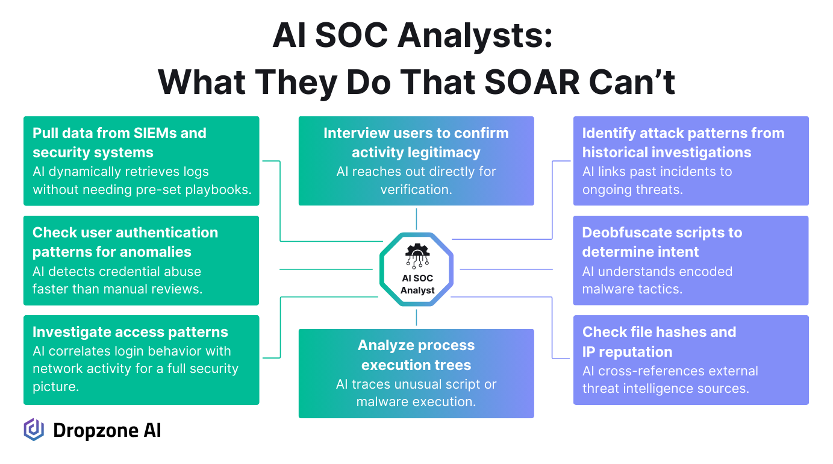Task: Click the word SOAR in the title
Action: coord(532,82)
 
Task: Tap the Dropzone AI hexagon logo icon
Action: coord(34,430)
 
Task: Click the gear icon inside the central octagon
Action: coord(417,256)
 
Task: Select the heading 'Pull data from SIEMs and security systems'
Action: coord(119,142)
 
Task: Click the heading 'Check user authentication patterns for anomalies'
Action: coord(125,242)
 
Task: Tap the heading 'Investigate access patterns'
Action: coord(130,332)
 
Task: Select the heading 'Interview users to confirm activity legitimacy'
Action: coord(416,142)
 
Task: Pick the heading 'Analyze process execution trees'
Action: coord(416,355)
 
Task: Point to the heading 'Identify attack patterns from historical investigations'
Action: coord(683,142)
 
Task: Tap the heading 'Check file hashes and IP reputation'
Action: coord(659,342)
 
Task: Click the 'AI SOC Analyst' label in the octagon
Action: coord(417,284)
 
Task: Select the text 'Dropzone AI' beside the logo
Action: coord(107,430)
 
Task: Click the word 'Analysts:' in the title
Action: coord(475,36)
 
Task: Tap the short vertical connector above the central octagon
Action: coord(416,219)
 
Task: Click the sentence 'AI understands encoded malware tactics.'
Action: coord(657,280)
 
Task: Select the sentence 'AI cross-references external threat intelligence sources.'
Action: coord(670,380)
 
